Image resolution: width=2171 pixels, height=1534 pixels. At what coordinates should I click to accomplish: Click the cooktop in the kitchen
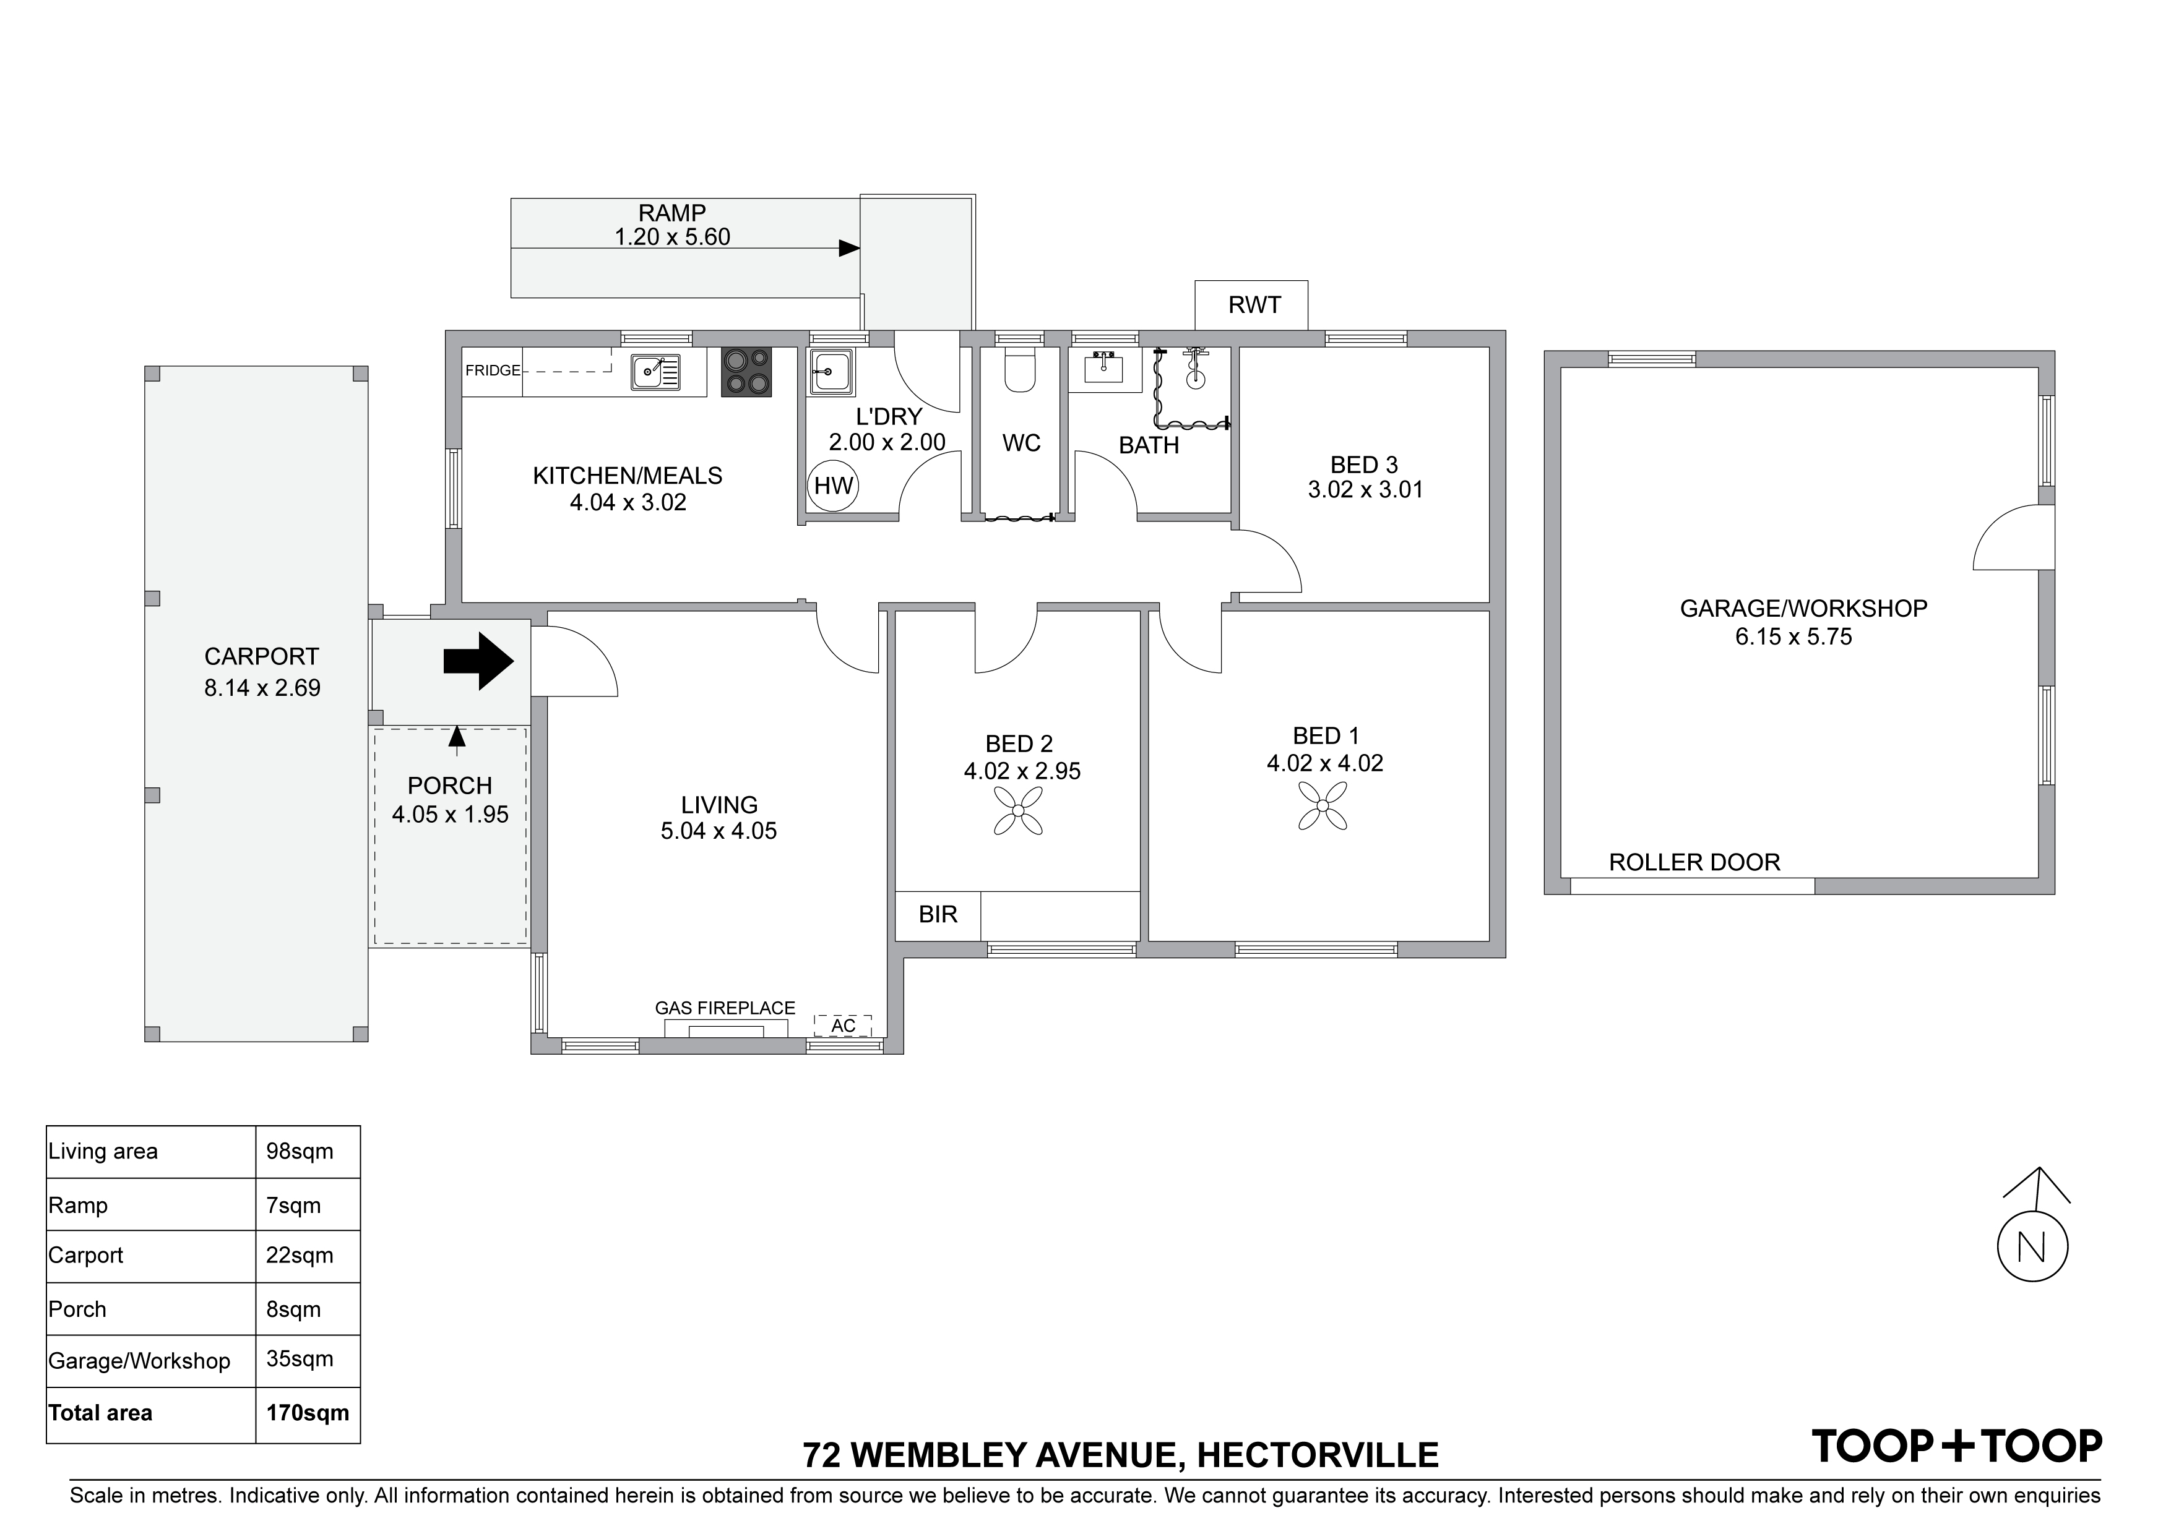(x=746, y=372)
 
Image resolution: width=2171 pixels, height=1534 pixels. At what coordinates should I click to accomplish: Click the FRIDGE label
(x=493, y=371)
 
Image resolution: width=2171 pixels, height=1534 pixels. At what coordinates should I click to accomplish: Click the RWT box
(x=1252, y=304)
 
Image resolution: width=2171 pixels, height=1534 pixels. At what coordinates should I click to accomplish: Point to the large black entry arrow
(x=478, y=662)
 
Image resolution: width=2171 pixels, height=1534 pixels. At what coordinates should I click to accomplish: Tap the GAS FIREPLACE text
(x=725, y=1008)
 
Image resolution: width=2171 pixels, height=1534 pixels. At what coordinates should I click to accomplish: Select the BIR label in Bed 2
(x=938, y=914)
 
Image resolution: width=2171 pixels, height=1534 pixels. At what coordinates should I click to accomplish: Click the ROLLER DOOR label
(x=1694, y=862)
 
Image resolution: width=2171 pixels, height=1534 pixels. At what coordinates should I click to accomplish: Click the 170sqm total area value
(x=308, y=1413)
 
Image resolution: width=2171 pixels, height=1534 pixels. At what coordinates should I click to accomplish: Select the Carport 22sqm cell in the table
(x=300, y=1255)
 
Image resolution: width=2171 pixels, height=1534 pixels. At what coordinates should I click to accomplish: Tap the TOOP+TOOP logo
(x=1956, y=1445)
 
